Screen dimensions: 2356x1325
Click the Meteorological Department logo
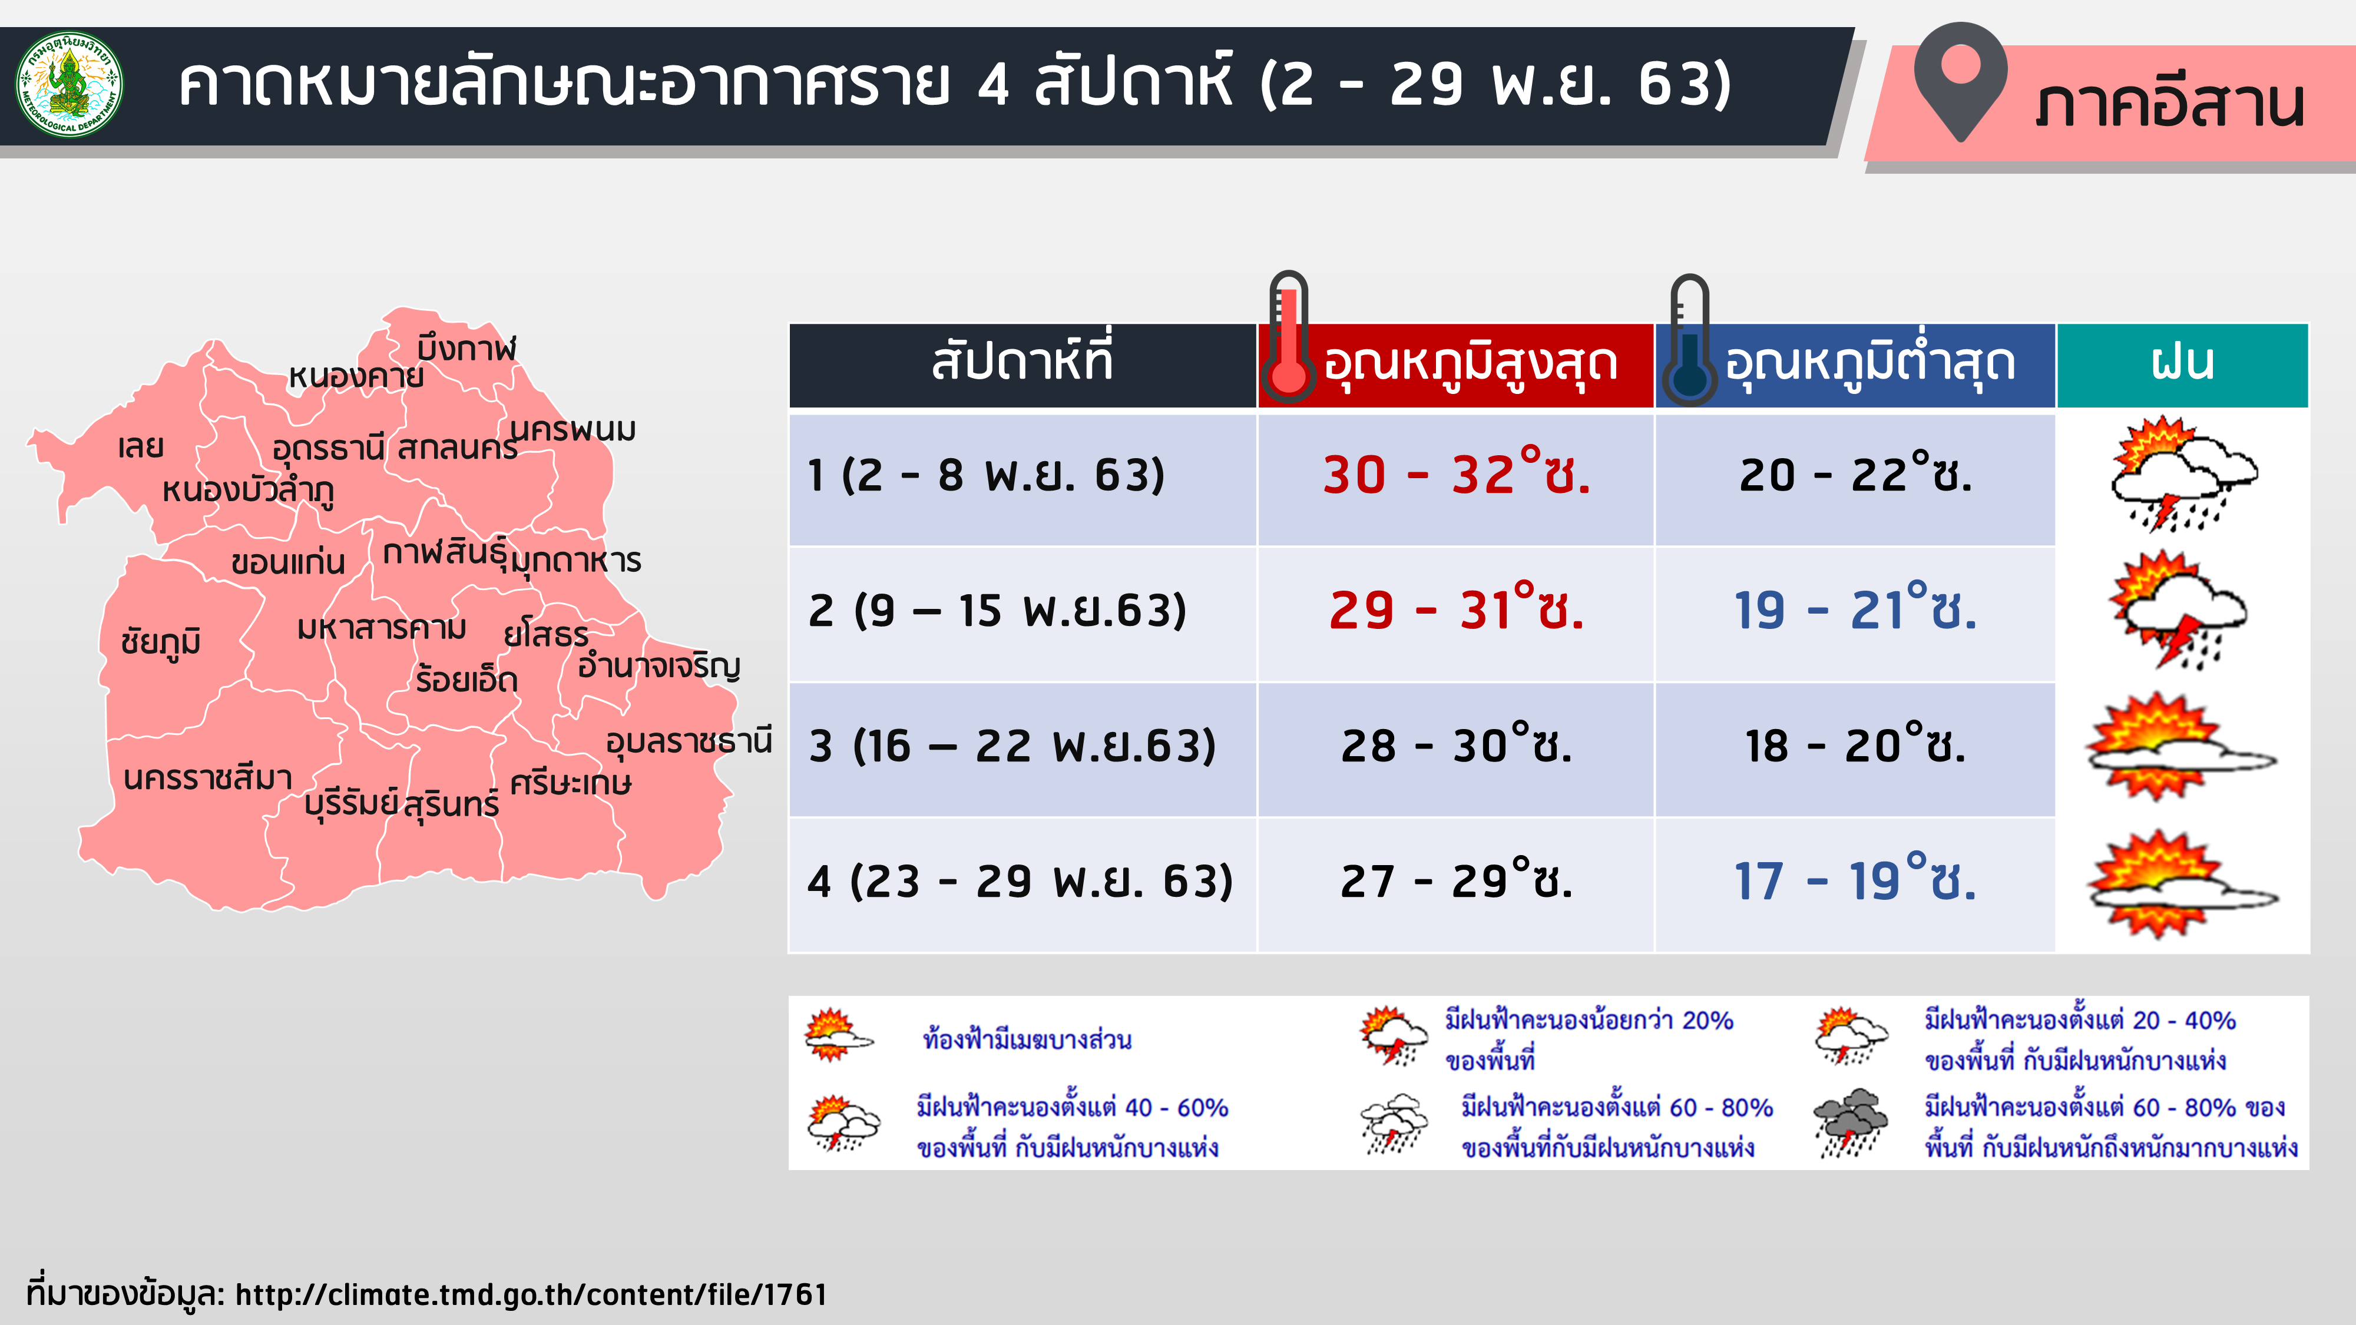[70, 84]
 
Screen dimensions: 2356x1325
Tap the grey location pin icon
[1960, 81]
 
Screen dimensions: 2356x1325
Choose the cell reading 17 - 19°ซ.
[1855, 879]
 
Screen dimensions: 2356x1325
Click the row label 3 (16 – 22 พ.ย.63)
[1012, 746]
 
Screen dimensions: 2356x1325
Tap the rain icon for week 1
[2182, 473]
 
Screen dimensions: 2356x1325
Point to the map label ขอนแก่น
[288, 561]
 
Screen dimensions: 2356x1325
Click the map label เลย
[141, 447]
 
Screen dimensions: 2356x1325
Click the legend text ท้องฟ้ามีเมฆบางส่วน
[1027, 1040]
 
